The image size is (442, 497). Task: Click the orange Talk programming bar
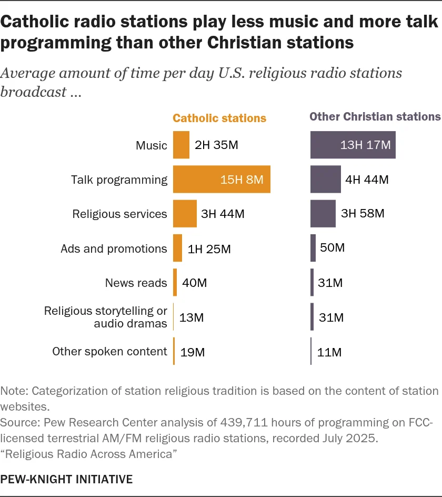pos(221,180)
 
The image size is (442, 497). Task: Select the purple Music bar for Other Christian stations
pos(353,145)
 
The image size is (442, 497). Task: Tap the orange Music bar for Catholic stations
pos(181,145)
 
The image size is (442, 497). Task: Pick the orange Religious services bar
pos(185,214)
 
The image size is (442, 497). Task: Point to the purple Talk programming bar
pos(325,180)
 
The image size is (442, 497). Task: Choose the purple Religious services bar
pos(323,214)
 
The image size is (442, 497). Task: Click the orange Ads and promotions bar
pos(178,248)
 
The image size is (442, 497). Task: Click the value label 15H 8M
pos(242,180)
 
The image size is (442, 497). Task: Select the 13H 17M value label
pos(365,145)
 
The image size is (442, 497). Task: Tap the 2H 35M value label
pos(216,145)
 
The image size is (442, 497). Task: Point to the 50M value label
pos(332,247)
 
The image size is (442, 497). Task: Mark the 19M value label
pos(193,352)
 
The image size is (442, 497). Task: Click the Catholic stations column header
pos(219,118)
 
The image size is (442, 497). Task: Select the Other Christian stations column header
pos(375,117)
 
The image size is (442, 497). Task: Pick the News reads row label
pos(136,283)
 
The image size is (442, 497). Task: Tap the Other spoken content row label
pos(109,352)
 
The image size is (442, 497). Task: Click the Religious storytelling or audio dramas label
pos(106,317)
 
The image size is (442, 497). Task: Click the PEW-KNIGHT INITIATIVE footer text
pos(66,479)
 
